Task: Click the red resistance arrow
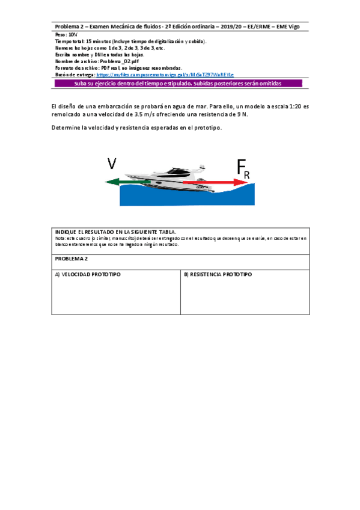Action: pos(210,181)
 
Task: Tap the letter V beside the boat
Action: pos(112,164)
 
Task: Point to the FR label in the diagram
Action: pos(243,169)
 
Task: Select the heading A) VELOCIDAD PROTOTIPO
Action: pos(88,274)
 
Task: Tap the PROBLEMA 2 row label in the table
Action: pos(72,258)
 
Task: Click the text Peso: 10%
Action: pos(66,35)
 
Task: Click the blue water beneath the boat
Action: pos(180,197)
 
